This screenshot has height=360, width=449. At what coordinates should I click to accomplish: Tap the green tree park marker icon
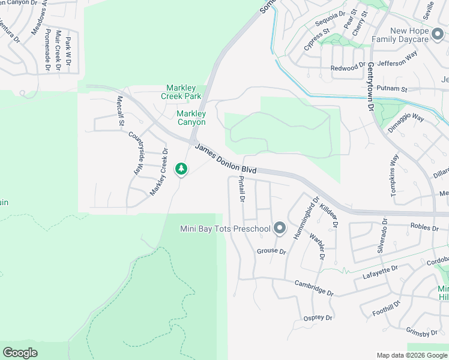pos(181,169)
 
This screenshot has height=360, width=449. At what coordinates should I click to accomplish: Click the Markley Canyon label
pos(191,118)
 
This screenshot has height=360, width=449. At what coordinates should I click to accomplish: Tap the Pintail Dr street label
pos(242,188)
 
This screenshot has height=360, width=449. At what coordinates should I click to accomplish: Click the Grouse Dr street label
pos(271,251)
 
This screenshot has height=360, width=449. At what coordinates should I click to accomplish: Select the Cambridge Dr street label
pos(313,287)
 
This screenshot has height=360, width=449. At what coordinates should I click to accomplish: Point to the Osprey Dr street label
pos(318,317)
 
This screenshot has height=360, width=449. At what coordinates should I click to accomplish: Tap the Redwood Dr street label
pos(348,68)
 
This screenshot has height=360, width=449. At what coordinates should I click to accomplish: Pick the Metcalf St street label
pos(120,110)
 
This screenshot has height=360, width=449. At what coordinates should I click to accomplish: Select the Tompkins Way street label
pos(394,173)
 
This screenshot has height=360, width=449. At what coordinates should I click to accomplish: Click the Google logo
pos(20,353)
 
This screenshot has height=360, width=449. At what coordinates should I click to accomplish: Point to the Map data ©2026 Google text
pos(411,355)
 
